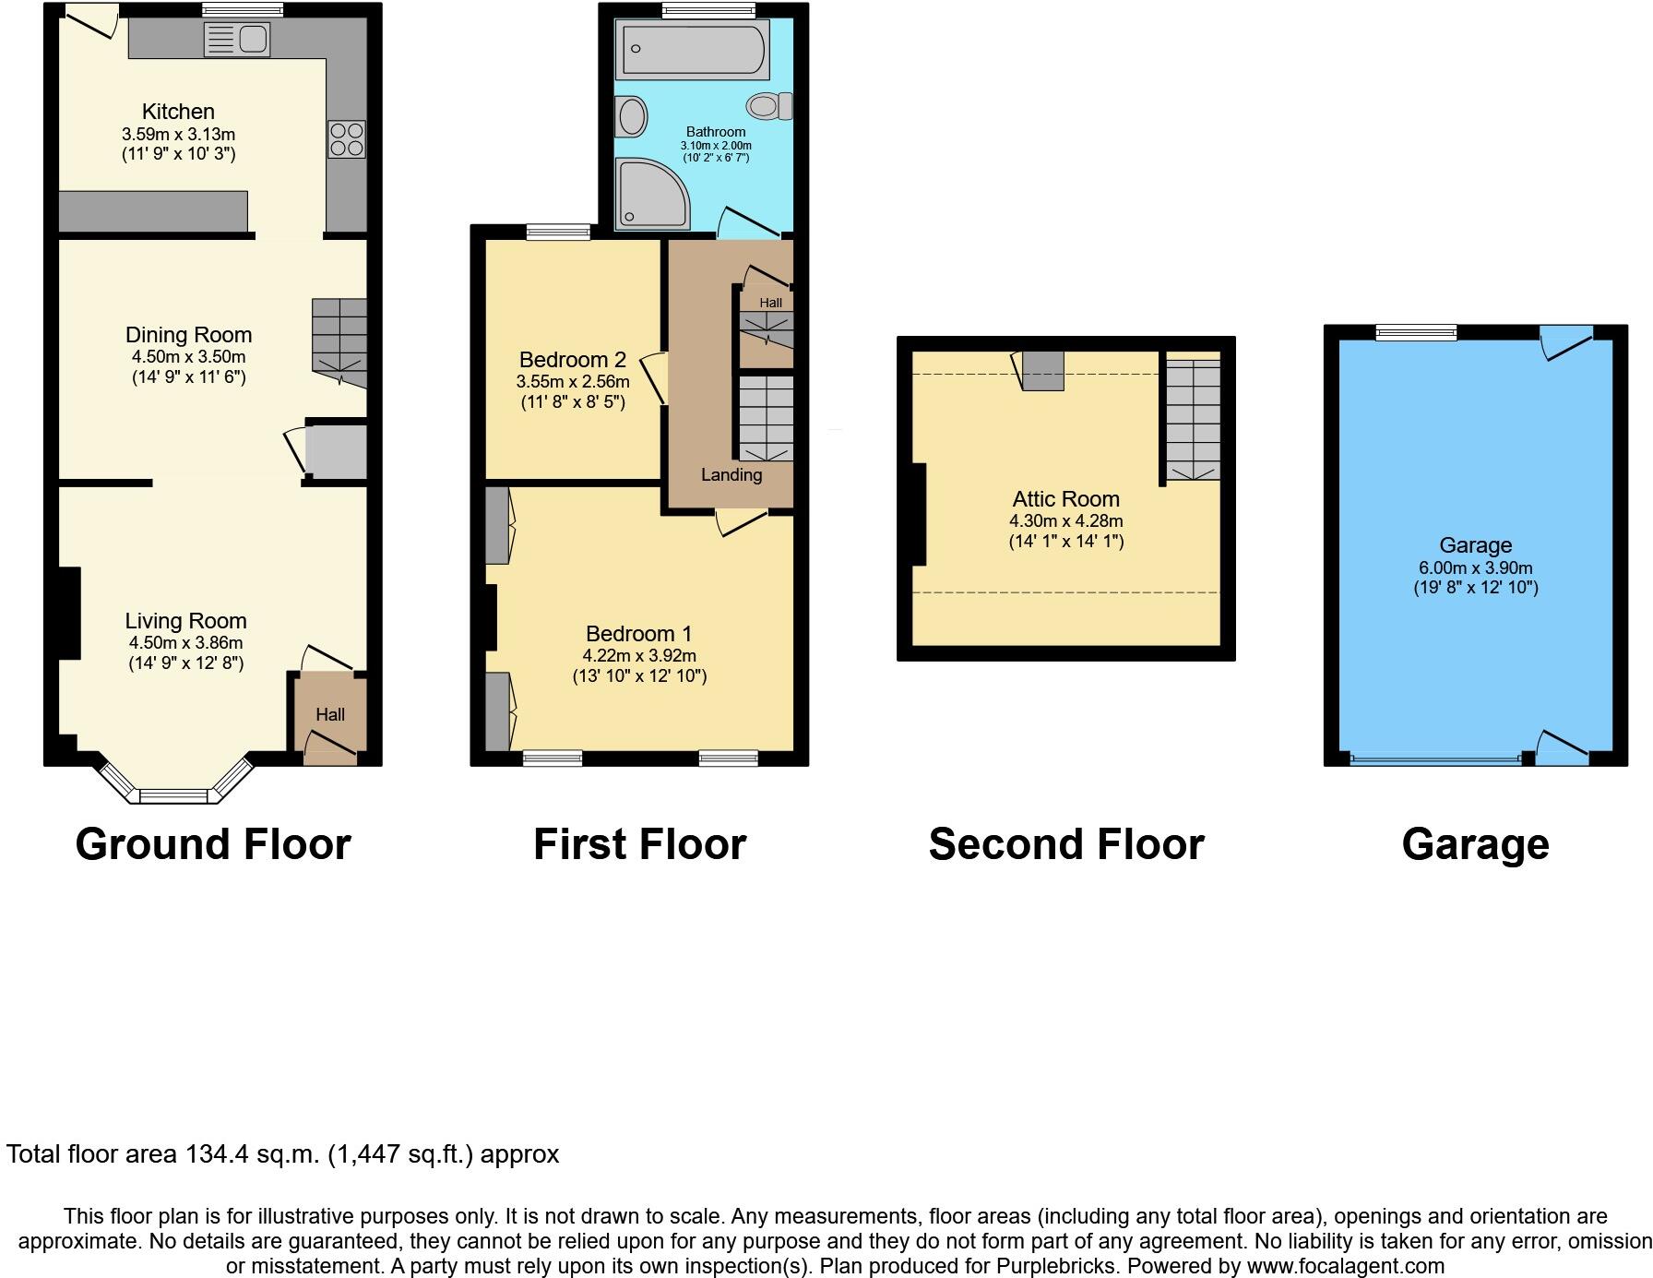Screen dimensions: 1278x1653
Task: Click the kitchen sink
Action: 237,40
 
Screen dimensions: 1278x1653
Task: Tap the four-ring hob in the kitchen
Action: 346,139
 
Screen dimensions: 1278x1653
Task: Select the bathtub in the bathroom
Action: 695,49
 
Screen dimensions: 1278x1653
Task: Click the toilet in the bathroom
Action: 770,106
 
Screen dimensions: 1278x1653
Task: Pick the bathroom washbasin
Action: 632,116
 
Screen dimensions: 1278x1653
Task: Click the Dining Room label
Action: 188,335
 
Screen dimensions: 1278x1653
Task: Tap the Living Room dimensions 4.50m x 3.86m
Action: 185,642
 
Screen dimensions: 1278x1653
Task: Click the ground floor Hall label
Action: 330,714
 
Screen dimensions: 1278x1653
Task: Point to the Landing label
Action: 731,475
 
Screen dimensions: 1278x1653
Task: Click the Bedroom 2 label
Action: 572,360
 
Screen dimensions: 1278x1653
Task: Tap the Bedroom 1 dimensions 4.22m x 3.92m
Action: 638,655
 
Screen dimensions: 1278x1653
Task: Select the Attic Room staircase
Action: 1192,420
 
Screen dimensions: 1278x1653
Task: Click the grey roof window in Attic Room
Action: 1042,370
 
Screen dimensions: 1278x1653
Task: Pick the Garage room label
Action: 1475,545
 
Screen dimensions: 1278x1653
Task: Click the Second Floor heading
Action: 1065,844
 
